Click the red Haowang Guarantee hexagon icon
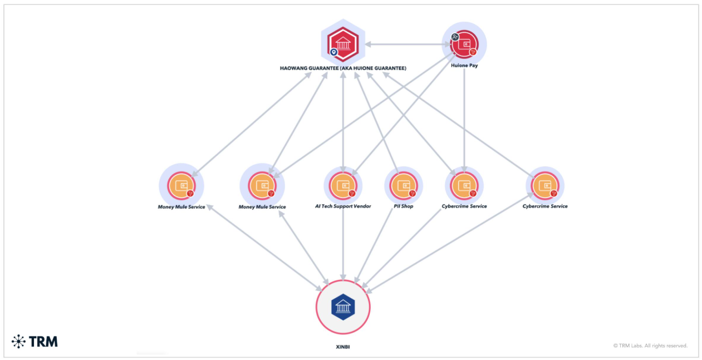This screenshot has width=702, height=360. (x=343, y=44)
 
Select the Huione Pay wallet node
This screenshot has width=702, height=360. (x=464, y=44)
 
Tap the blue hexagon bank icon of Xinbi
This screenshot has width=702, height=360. (x=343, y=307)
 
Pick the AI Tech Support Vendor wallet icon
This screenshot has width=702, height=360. (x=343, y=186)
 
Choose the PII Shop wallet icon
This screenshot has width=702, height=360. (x=404, y=186)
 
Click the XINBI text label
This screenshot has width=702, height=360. (x=342, y=347)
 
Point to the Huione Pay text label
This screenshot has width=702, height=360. (x=464, y=66)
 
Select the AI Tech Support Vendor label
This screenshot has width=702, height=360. (x=343, y=206)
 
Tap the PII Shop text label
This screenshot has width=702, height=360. (x=404, y=206)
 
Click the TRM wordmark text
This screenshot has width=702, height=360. (x=43, y=342)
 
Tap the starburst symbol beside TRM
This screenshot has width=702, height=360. (x=18, y=341)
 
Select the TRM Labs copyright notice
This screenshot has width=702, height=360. (x=650, y=346)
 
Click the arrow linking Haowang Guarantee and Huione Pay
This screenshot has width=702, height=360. (x=408, y=44)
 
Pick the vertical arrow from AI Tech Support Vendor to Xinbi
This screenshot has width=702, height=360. (x=343, y=245)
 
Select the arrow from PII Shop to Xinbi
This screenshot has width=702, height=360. (x=374, y=245)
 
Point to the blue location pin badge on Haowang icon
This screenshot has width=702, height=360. (x=334, y=52)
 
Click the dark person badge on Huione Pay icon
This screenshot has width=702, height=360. (x=455, y=37)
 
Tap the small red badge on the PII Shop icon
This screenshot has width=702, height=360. (x=413, y=194)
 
